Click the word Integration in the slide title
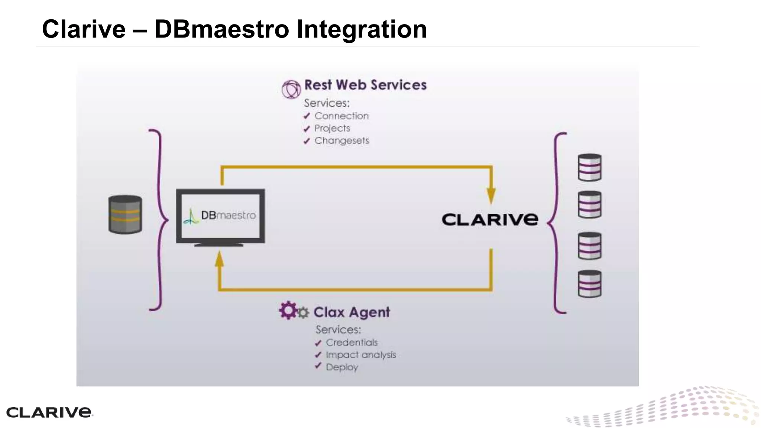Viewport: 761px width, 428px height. click(361, 29)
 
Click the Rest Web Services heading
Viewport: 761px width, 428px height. click(365, 85)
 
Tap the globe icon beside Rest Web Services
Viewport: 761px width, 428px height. click(291, 89)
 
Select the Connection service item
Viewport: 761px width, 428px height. click(341, 116)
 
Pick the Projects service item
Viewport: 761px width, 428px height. click(332, 128)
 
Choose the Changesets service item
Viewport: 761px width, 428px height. click(341, 141)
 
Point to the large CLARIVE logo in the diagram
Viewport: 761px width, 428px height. click(490, 220)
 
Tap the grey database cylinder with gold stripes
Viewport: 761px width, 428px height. click(125, 214)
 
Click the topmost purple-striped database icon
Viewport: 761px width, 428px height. click(590, 168)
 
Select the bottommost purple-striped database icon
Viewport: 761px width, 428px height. click(590, 284)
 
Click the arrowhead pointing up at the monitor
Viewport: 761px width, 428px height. click(220, 259)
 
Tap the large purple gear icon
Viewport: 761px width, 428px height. click(288, 310)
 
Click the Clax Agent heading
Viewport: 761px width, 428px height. click(352, 312)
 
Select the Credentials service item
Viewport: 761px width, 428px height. click(351, 343)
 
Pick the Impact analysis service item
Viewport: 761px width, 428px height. click(360, 355)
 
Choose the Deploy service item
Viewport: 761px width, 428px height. click(341, 367)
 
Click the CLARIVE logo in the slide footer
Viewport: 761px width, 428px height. click(49, 412)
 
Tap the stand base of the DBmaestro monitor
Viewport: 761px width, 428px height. click(219, 245)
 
